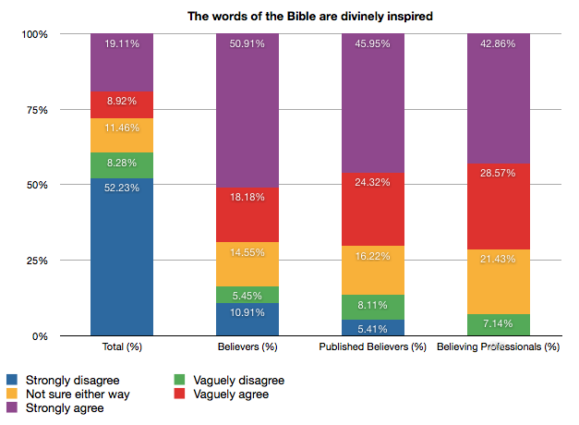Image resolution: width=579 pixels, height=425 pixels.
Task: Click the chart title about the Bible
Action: click(x=296, y=15)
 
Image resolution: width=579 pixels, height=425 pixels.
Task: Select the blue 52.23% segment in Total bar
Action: click(x=122, y=257)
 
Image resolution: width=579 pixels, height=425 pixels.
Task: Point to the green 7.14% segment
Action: click(x=499, y=325)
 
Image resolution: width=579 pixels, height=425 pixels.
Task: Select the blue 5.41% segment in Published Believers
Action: click(x=373, y=328)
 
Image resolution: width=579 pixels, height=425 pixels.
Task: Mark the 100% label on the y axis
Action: click(x=34, y=34)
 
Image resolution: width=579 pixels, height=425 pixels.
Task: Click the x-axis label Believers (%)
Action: click(x=247, y=347)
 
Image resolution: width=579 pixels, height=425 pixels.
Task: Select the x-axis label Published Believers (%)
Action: click(x=373, y=347)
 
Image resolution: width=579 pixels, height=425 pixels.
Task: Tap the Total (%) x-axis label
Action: click(x=122, y=347)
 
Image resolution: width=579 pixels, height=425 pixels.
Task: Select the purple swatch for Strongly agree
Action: click(x=12, y=409)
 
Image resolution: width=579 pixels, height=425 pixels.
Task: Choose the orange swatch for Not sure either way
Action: click(x=12, y=395)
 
